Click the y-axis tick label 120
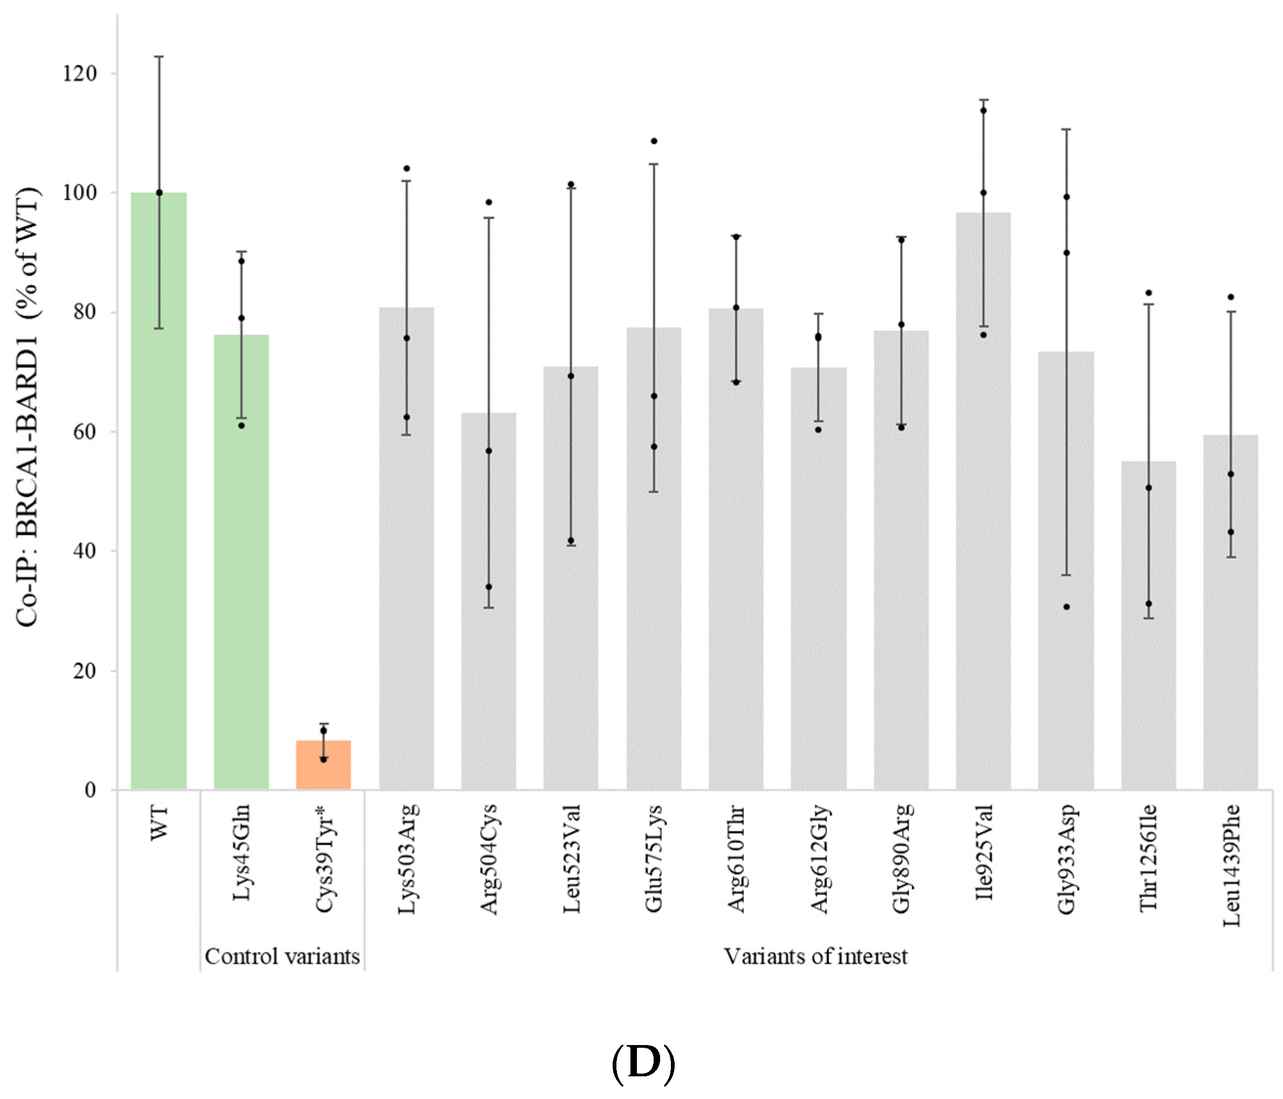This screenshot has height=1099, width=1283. [79, 74]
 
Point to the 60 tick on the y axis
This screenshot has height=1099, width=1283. [85, 432]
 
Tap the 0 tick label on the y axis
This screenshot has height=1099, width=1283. [91, 790]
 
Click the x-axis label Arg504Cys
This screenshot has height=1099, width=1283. [489, 858]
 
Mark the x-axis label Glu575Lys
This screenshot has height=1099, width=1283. [653, 858]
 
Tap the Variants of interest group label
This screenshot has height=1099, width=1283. [815, 957]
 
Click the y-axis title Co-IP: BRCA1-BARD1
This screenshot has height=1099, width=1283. [28, 406]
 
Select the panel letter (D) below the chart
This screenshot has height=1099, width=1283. [643, 1063]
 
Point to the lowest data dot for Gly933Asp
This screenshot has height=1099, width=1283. [1066, 607]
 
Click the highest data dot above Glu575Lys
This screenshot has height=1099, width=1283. [654, 141]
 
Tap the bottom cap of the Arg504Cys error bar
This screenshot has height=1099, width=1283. [489, 607]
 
